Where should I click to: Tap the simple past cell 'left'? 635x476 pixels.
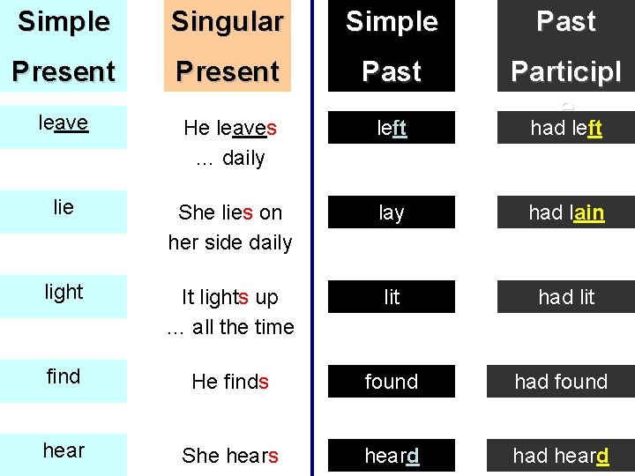coord(392,128)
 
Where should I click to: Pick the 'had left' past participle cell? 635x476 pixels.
coord(565,128)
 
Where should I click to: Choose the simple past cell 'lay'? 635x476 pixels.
coord(392,212)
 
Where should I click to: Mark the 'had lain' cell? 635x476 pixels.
coord(565,212)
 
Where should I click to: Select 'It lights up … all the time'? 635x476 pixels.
coord(229,312)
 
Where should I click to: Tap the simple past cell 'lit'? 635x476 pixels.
coord(392,297)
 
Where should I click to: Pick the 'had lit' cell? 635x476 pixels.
coord(565,297)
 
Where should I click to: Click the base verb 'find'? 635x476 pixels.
coord(63,376)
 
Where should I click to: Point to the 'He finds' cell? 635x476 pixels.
coord(229,382)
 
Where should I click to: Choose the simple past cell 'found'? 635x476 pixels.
coord(392,382)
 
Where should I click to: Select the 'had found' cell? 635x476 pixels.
coord(562,382)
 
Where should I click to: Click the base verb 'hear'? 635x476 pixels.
coord(63,450)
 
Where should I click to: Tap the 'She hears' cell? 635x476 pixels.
coord(229,456)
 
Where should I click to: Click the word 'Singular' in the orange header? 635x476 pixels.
coord(228,22)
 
